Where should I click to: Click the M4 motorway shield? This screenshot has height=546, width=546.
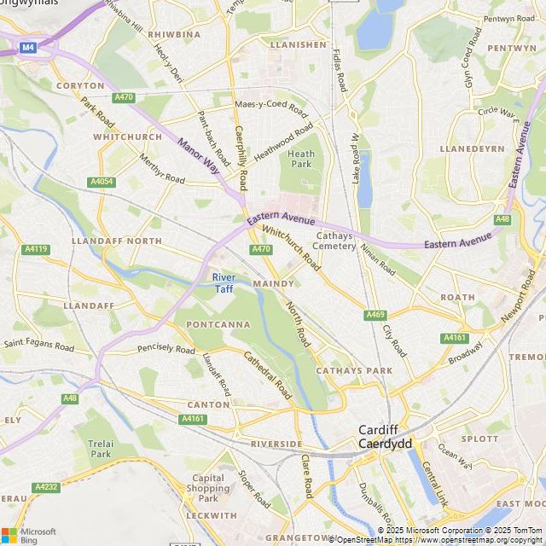(28, 48)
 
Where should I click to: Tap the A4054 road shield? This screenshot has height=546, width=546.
(101, 182)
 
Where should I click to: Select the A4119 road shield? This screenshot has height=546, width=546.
(36, 249)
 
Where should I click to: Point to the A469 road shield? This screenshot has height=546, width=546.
(375, 315)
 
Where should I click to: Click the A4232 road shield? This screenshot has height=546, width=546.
(45, 487)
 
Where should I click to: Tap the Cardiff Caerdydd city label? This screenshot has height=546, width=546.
(385, 437)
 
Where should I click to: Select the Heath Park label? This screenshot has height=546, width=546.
(302, 159)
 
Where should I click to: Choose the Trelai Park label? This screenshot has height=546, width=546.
(100, 449)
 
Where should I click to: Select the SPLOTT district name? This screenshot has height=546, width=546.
(479, 439)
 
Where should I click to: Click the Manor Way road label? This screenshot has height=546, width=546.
(198, 159)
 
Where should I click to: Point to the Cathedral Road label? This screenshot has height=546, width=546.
(269, 376)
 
